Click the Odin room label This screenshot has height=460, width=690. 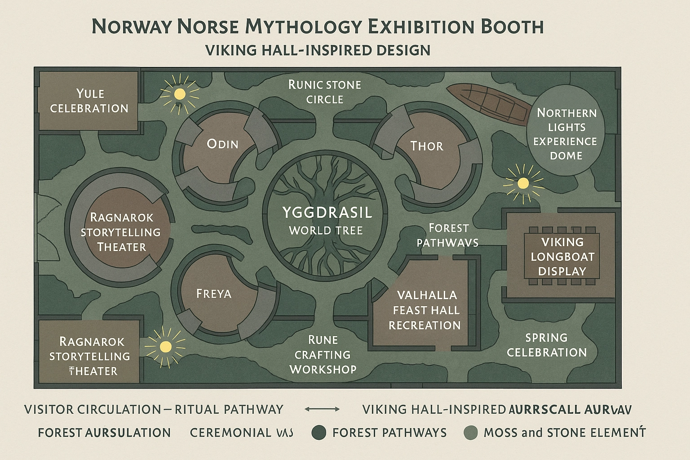click(222, 144)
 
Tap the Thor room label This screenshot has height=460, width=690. click(427, 146)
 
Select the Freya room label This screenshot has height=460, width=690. click(214, 294)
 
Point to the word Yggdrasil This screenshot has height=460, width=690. click(327, 212)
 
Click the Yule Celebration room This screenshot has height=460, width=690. click(89, 101)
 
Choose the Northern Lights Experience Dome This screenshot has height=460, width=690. click(566, 134)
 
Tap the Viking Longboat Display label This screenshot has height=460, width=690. click(562, 257)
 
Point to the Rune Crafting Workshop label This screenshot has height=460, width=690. click(323, 354)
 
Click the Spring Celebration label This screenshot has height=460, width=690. click(547, 345)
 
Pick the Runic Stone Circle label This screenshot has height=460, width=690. click(324, 92)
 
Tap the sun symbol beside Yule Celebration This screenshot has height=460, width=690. click(180, 94)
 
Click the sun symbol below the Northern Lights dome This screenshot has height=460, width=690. click(523, 183)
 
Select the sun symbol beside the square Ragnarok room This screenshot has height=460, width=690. click(165, 346)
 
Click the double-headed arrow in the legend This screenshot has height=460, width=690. click(322, 409)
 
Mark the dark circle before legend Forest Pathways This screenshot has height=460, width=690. click(319, 433)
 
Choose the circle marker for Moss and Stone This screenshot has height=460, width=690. click(470, 433)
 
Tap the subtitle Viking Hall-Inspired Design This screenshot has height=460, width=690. click(318, 50)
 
